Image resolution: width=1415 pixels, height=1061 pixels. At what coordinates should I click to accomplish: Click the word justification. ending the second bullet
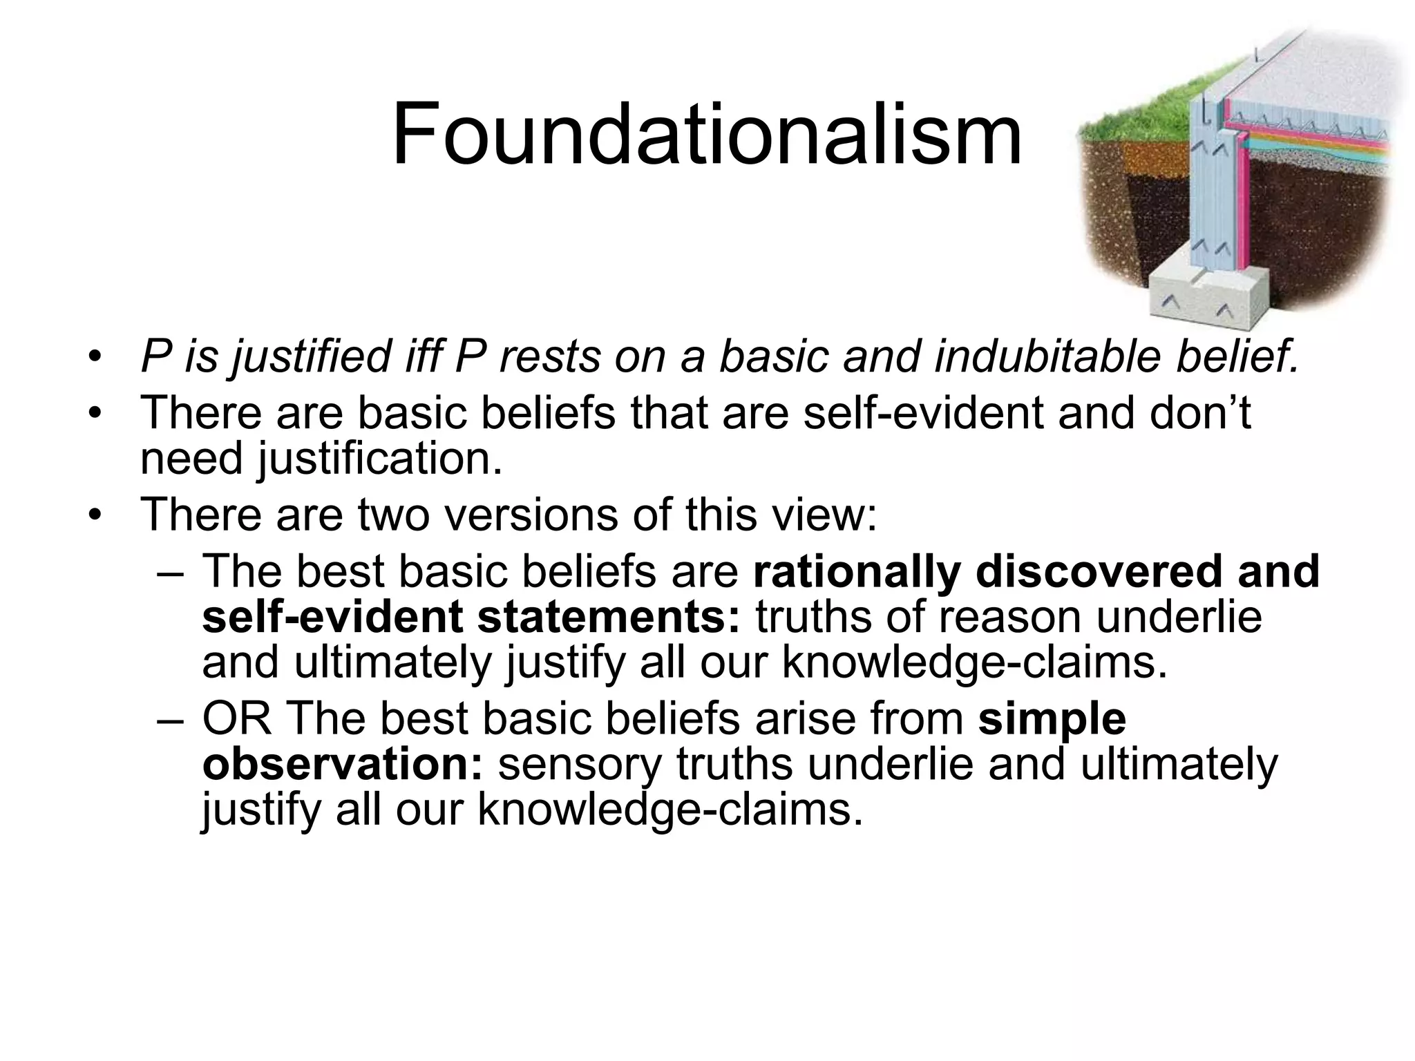pyautogui.click(x=381, y=459)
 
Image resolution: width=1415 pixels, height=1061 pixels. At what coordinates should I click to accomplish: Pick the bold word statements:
pyautogui.click(x=609, y=617)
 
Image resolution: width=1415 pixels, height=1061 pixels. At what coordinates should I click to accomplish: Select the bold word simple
pyautogui.click(x=1052, y=720)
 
